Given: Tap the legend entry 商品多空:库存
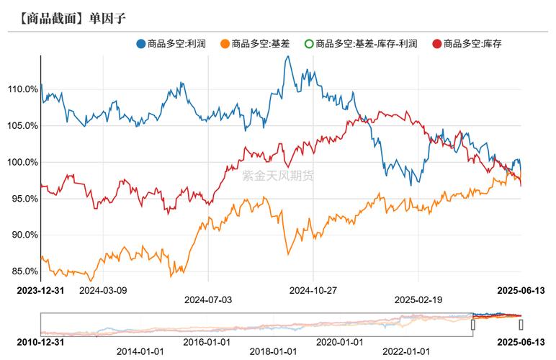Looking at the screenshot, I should [472, 44].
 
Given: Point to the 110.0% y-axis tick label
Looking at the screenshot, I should [22, 89].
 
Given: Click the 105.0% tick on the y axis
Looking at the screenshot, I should [22, 126].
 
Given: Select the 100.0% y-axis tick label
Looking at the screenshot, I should [22, 162].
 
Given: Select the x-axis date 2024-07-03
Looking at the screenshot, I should [208, 299].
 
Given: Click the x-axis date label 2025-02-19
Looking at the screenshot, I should [418, 299].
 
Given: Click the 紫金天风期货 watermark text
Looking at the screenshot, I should [278, 175].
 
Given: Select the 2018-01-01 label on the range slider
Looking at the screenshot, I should [274, 351].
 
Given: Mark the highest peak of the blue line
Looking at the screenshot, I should [287, 56].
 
